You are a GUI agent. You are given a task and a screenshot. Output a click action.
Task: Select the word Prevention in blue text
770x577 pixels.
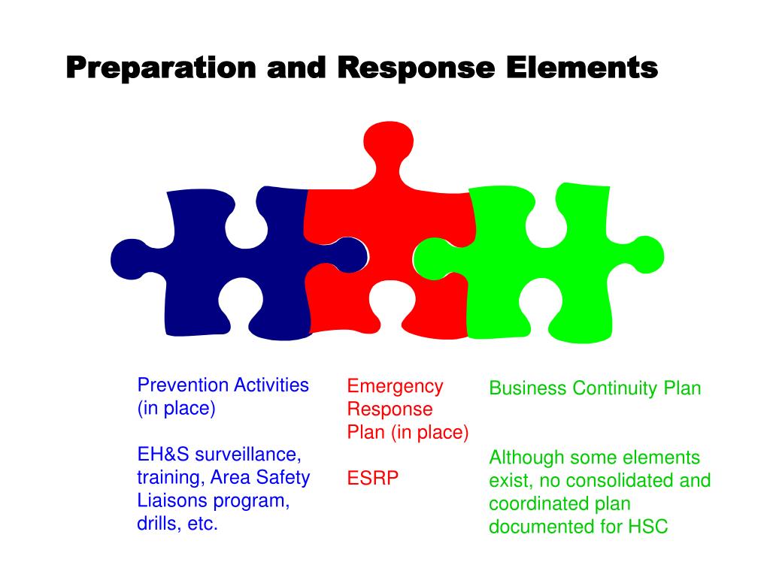coord(182,385)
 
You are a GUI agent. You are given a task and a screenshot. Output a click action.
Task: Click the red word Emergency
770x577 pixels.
coord(395,386)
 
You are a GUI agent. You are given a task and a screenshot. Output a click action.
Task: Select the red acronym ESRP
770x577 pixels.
coord(372,479)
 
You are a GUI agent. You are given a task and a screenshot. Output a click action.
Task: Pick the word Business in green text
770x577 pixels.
coord(527,388)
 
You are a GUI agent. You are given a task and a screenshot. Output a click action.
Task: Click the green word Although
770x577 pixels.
coord(526,458)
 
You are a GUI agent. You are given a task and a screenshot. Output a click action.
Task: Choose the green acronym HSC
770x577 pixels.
coord(648,527)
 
